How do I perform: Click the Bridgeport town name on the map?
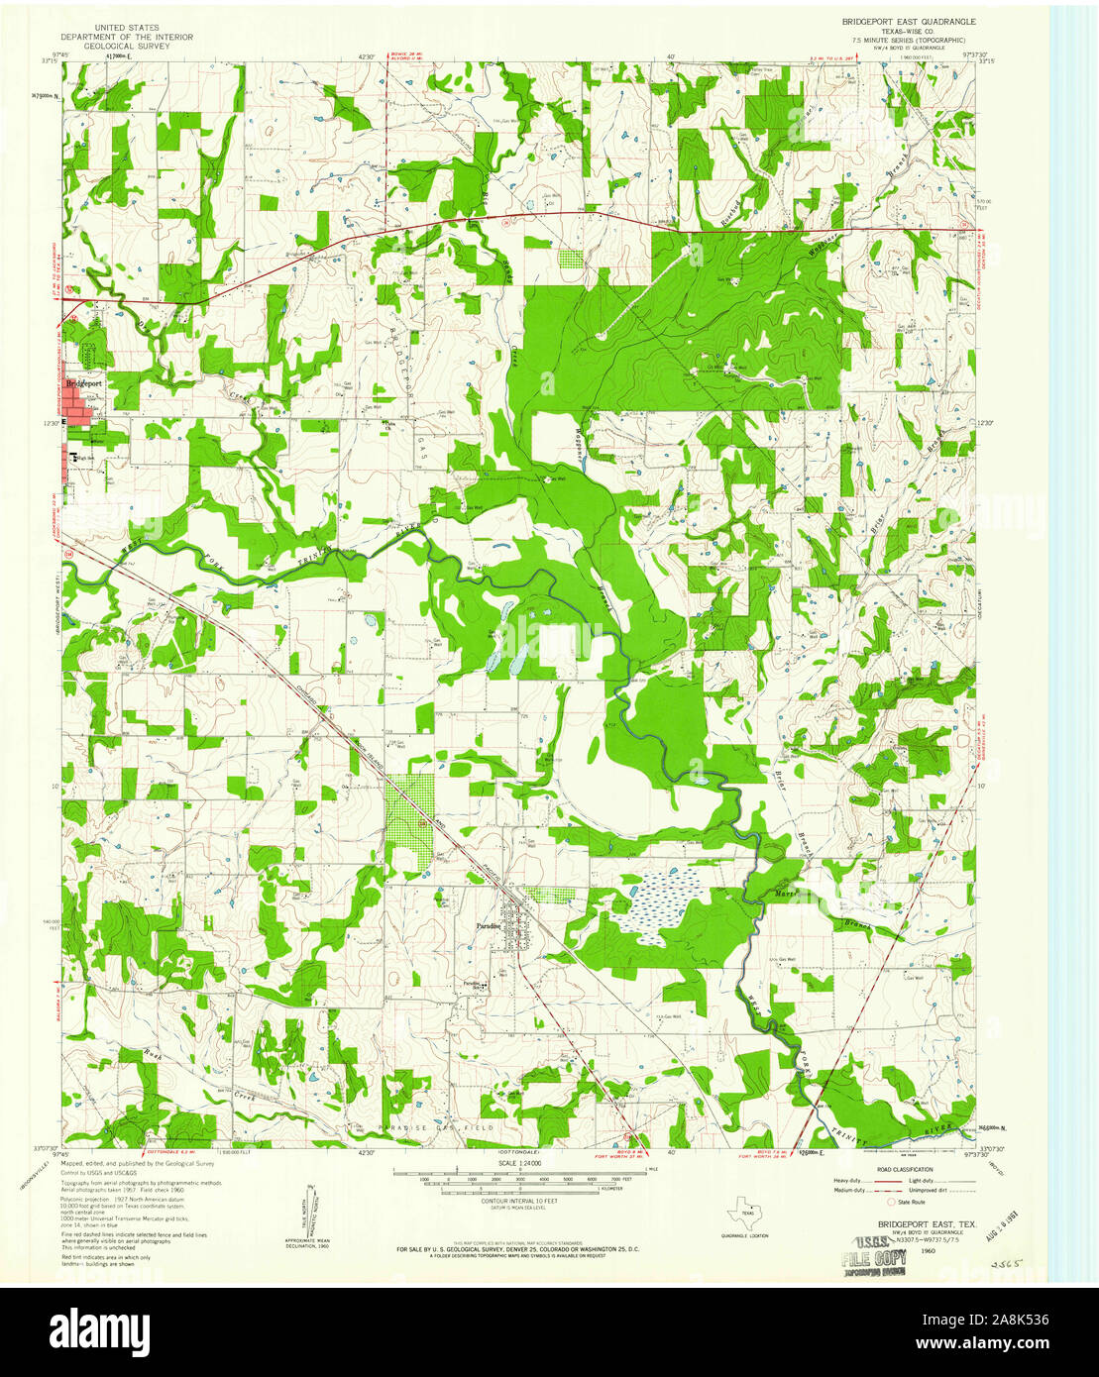84,383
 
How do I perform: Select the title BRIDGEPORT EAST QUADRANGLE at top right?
909,21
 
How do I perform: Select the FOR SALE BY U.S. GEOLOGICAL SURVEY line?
517,1249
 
